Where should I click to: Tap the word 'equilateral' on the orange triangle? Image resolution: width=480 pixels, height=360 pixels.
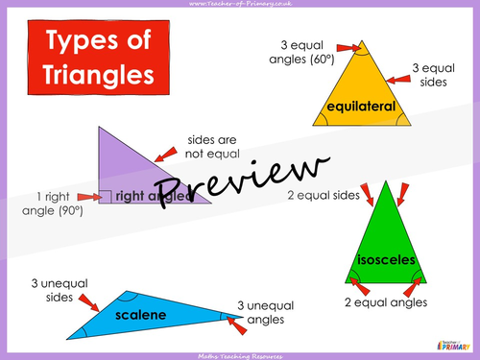[x=361, y=107]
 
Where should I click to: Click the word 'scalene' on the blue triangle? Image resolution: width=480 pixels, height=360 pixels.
[x=141, y=314]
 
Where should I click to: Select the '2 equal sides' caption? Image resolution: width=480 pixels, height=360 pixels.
[x=324, y=196]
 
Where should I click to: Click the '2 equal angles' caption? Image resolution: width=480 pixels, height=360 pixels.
[x=386, y=302]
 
